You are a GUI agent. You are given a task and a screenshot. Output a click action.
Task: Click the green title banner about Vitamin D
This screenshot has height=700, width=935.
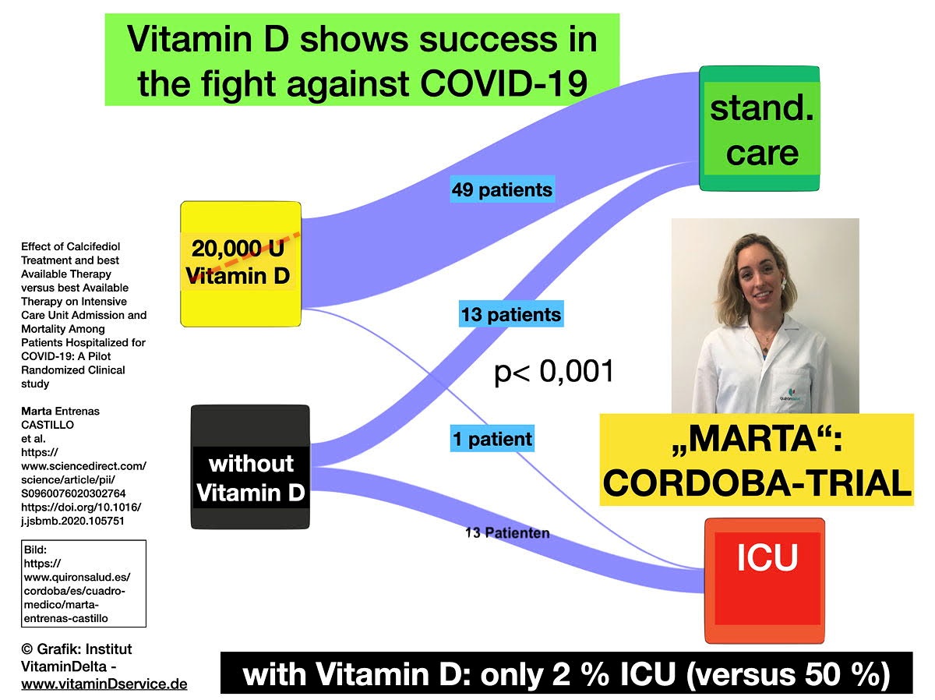pos(362,59)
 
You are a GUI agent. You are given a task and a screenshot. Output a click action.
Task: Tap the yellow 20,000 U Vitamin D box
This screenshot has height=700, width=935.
pos(240,263)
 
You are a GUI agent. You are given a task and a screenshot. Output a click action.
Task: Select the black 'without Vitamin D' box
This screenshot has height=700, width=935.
pos(250,467)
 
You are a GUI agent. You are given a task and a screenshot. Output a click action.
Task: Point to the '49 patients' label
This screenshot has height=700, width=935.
pos(502,189)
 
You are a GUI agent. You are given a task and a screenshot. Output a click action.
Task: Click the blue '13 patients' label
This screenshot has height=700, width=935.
pos(511,315)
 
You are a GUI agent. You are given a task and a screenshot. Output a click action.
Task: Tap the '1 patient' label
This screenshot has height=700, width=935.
pos(492,439)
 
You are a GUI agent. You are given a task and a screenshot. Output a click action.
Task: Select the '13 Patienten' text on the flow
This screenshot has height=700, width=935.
pos(507,533)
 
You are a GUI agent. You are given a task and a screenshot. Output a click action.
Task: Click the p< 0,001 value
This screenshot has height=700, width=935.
pos(554,373)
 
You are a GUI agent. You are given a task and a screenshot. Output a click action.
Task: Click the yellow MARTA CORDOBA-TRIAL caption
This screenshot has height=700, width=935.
pos(757,460)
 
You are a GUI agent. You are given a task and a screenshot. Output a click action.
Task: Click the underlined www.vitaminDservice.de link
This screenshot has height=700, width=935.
pos(104,684)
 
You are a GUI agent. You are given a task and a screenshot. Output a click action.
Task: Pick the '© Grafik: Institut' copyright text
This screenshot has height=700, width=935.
pos(76,649)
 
